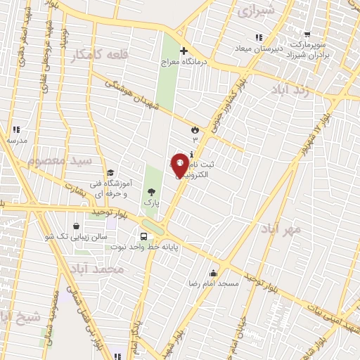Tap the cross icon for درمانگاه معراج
[x=184, y=51]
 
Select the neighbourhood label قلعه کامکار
[x=95, y=55]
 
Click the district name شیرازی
[x=255, y=11]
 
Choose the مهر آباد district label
[x=281, y=229]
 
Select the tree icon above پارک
[x=150, y=191]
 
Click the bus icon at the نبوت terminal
[x=144, y=237]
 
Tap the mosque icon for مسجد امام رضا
[x=214, y=273]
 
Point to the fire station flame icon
[x=195, y=129]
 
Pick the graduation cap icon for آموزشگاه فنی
[x=110, y=173]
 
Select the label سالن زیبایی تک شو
[x=79, y=237]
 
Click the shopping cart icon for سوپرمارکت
[x=307, y=33]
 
